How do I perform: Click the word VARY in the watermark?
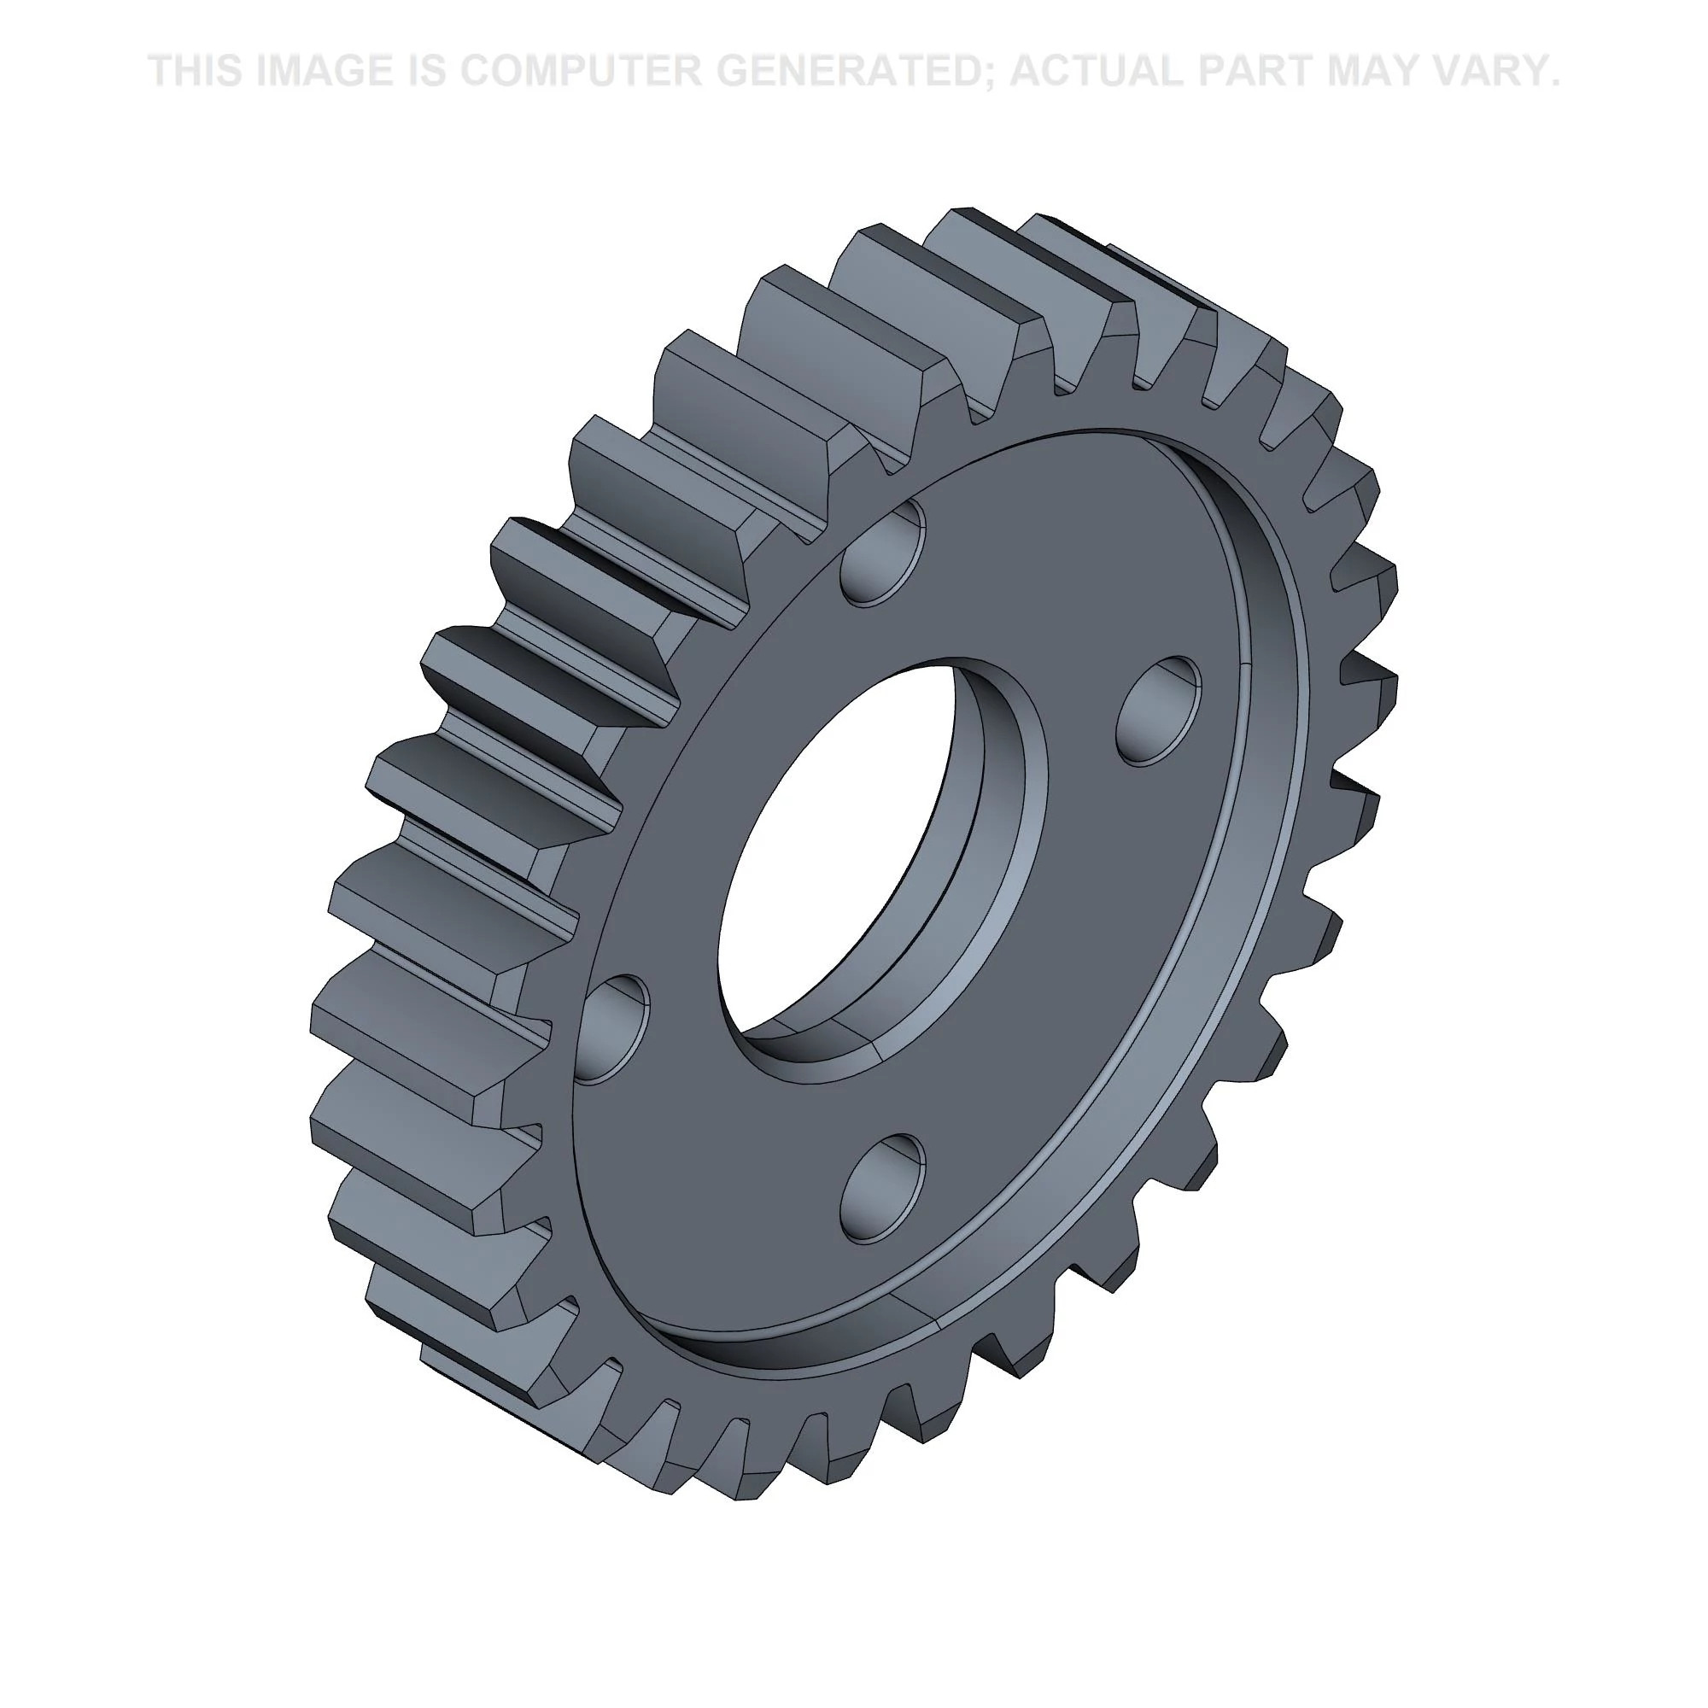pos(1494,71)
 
